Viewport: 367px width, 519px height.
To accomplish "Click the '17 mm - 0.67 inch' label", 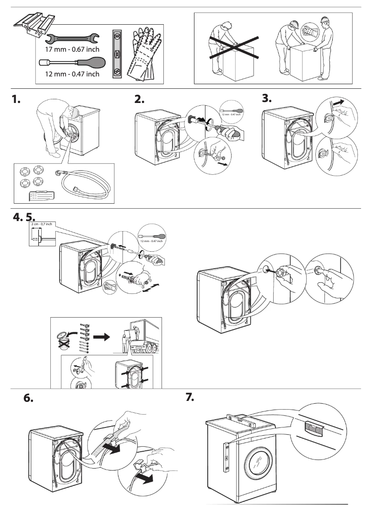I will (x=72, y=49).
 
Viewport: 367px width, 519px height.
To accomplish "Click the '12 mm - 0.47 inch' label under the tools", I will (x=72, y=74).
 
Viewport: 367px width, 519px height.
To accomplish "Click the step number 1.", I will (x=16, y=100).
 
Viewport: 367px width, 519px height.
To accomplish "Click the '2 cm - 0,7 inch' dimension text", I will (x=41, y=224).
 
